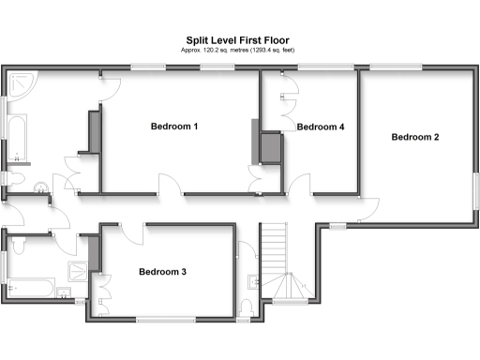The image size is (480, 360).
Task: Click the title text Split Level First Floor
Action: [x=239, y=41]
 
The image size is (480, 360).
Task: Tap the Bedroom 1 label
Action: [x=175, y=126]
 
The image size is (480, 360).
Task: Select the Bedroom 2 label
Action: [x=415, y=137]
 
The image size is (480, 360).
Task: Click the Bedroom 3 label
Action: [x=163, y=272]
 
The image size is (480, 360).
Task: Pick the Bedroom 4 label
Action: [x=322, y=127]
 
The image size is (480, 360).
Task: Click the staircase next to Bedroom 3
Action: [x=279, y=262]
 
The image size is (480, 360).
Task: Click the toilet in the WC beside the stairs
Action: [x=247, y=307]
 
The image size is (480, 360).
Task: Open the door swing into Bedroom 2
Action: [x=369, y=209]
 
